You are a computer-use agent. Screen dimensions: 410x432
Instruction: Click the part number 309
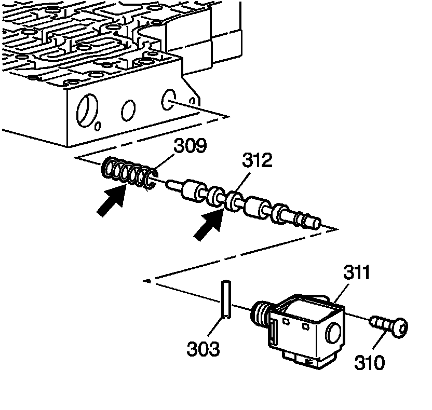[x=190, y=145]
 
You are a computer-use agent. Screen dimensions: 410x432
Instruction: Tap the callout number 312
[x=256, y=161]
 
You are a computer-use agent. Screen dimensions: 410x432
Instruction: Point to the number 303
[x=203, y=349]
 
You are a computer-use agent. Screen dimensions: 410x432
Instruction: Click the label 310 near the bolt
[x=370, y=362]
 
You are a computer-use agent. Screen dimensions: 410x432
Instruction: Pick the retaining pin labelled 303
[x=226, y=299]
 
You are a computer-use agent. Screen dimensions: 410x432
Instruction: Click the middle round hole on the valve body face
[x=128, y=110]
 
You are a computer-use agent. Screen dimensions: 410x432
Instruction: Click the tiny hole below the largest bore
[x=98, y=126]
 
